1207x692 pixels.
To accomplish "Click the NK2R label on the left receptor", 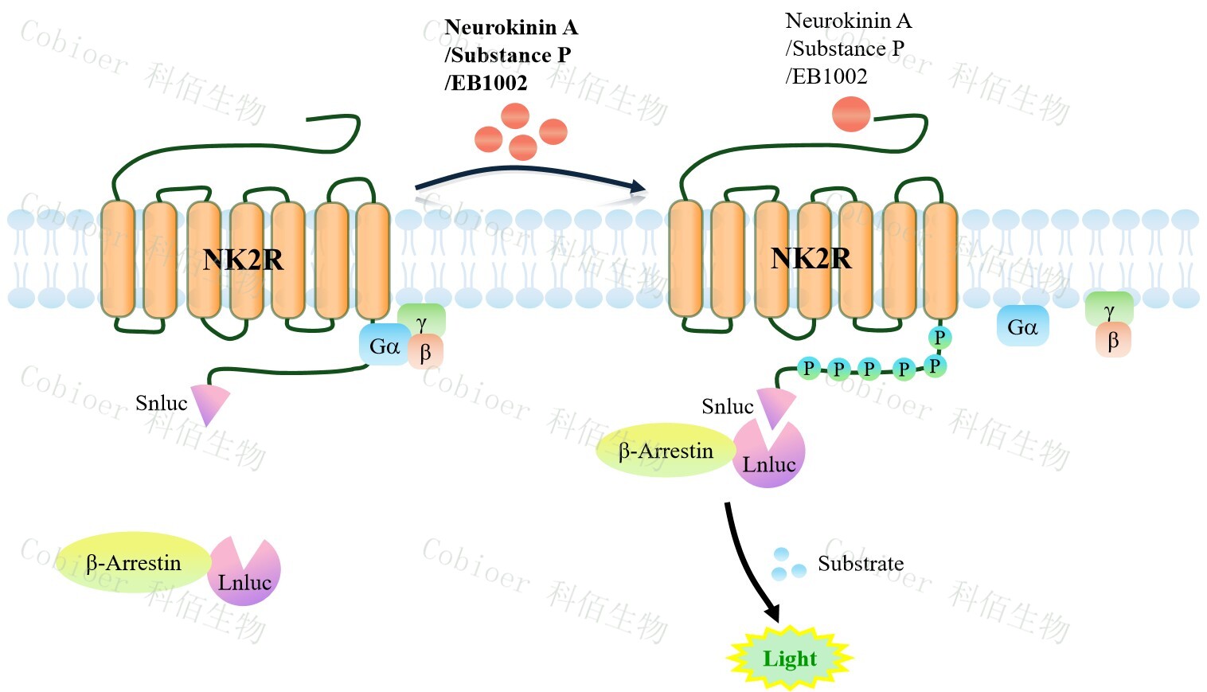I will click(243, 260).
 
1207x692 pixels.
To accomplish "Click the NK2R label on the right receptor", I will click(811, 258).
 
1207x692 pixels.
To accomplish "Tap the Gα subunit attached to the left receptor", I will click(384, 346).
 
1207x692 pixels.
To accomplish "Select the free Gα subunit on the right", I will click(1022, 326).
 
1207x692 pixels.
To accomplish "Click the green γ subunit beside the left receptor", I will click(422, 321).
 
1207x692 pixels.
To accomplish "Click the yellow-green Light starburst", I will click(789, 659).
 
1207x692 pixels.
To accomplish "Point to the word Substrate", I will click(861, 564).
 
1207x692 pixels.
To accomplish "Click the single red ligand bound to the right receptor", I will click(851, 114).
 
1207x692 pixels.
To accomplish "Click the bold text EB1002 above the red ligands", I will click(486, 83).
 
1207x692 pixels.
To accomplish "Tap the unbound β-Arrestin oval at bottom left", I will click(132, 563).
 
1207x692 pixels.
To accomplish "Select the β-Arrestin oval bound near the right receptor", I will click(665, 451).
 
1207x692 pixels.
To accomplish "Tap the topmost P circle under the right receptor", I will click(939, 337).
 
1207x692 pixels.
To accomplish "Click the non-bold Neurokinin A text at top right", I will click(848, 21).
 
